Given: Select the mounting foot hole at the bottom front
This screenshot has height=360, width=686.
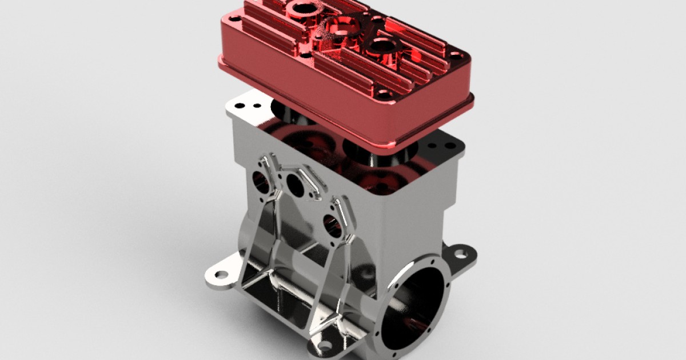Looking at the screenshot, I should click(x=325, y=346).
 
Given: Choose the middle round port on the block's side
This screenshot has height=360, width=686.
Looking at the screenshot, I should click(x=296, y=185).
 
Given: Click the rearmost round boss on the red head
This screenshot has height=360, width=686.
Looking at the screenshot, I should click(x=301, y=9).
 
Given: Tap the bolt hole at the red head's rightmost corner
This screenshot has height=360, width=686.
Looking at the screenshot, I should click(x=455, y=57).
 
